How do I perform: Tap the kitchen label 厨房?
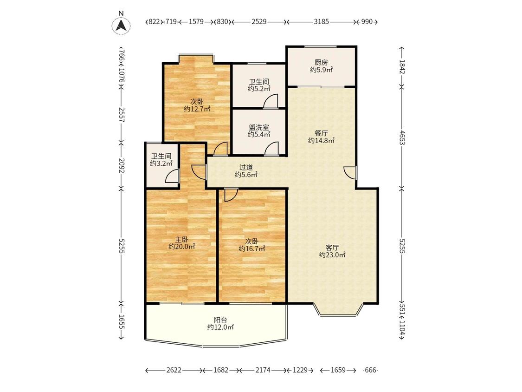(x=321, y=62)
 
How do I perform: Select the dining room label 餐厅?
(x=321, y=133)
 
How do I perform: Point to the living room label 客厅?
(x=332, y=248)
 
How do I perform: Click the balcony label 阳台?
(x=220, y=320)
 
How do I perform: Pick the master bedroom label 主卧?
(x=182, y=239)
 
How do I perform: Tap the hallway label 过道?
(x=246, y=167)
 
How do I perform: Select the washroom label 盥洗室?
(x=258, y=127)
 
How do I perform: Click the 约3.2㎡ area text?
(x=161, y=163)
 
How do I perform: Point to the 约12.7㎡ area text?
(x=197, y=109)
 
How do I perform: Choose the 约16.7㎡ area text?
(x=252, y=248)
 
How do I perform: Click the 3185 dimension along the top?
(x=321, y=22)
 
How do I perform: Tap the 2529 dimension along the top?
(x=258, y=22)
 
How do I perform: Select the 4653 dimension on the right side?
(x=402, y=137)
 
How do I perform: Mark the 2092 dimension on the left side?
(x=121, y=165)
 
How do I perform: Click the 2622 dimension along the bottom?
(x=174, y=370)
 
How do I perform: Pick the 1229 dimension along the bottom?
(x=300, y=370)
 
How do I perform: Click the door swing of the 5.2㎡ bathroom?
(x=271, y=101)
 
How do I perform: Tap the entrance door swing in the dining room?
(x=350, y=172)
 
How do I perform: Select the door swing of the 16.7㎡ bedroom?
(x=231, y=195)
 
